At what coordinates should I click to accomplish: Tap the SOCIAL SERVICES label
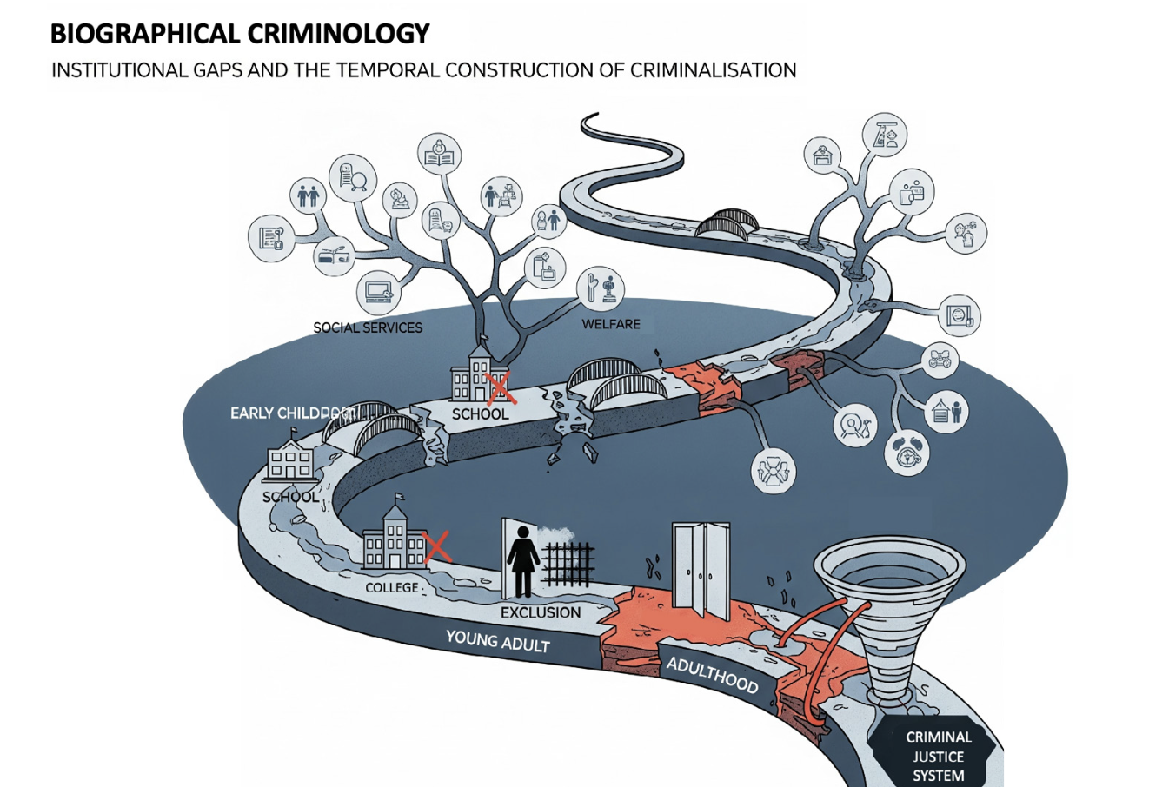coord(368,327)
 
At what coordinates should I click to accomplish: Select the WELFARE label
coord(611,324)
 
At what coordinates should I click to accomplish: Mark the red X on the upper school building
coord(501,387)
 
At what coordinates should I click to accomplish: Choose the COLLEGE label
coord(392,588)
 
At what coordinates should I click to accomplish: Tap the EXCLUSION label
coord(540,612)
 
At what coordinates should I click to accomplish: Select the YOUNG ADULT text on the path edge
coord(497,641)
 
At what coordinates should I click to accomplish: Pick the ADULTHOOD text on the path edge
coord(712,675)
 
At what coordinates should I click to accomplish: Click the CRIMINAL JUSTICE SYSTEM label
coord(938,756)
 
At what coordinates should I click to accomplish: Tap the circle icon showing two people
coord(309,195)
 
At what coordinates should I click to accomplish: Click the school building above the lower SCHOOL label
coord(290,465)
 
